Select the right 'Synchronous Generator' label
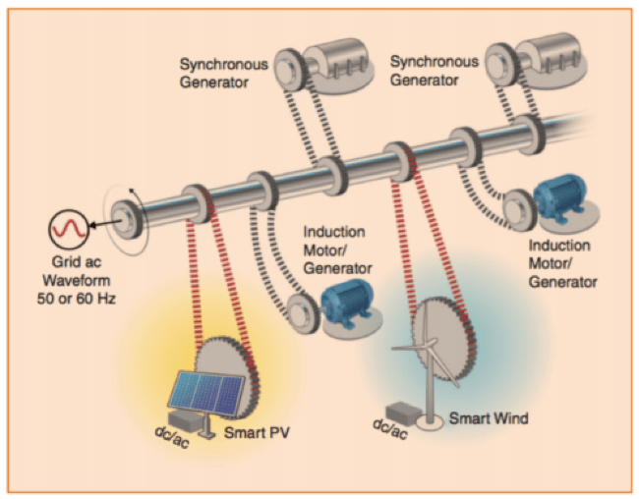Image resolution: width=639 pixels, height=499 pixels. click(x=434, y=70)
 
